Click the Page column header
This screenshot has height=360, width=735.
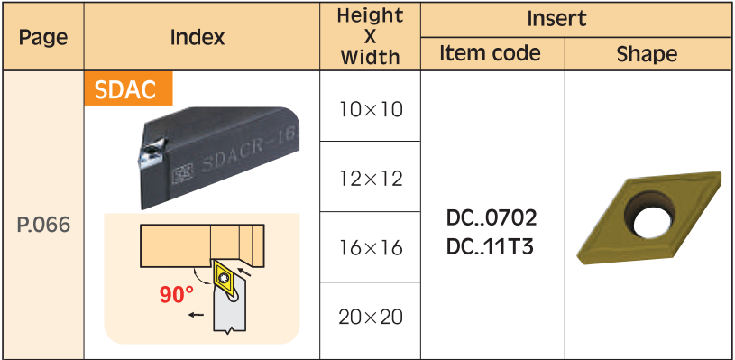point(43,37)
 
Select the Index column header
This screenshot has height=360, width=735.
point(198,37)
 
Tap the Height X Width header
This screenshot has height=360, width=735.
point(370,37)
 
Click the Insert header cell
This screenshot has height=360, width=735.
point(556,18)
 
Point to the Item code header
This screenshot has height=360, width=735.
point(490,53)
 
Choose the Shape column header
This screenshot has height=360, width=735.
point(647,54)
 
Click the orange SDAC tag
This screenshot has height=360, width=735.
point(128,88)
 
